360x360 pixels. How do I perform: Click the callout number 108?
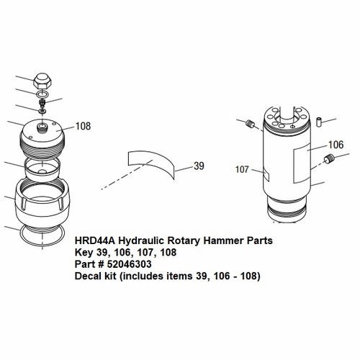(x=83, y=126)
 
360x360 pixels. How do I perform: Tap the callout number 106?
(x=336, y=144)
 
